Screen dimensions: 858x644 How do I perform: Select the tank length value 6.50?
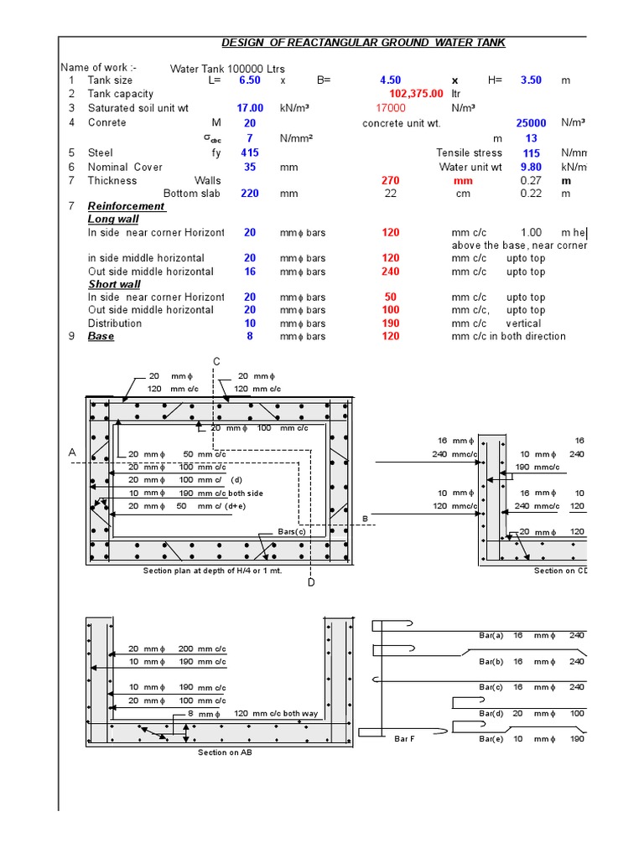tap(250, 80)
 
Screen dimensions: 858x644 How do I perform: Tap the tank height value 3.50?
tap(531, 80)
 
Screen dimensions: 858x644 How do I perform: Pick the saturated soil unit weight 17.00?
tap(250, 108)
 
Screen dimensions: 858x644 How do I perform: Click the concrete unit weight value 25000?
tap(531, 123)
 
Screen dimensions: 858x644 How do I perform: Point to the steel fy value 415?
tap(250, 153)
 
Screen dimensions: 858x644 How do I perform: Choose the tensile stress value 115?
tap(531, 153)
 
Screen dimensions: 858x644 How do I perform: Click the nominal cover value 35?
tap(250, 168)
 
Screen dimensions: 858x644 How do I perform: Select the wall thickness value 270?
tap(390, 181)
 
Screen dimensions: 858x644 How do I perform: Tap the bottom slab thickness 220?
tap(250, 194)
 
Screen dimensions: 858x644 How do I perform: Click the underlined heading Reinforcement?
tap(127, 206)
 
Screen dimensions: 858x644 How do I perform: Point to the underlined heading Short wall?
tap(114, 284)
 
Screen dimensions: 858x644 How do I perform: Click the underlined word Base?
tap(101, 336)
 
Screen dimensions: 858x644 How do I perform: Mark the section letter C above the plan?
tap(216, 361)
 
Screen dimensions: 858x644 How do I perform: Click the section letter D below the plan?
tap(311, 582)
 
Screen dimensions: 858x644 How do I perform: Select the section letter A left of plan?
tap(72, 452)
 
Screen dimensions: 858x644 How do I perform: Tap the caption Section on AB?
tap(225, 752)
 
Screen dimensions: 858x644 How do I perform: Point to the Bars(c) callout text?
tap(292, 532)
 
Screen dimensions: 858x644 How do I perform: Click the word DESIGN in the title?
tap(241, 43)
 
